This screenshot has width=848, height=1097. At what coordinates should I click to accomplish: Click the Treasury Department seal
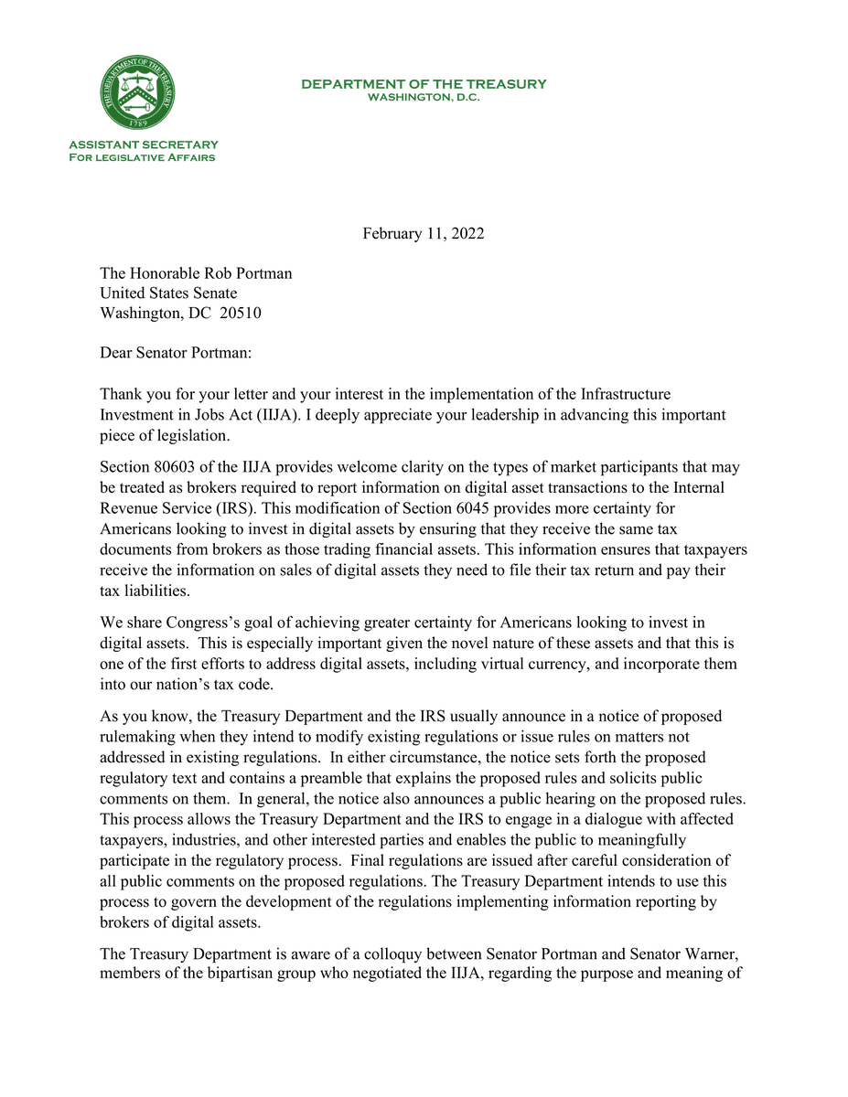coord(139,94)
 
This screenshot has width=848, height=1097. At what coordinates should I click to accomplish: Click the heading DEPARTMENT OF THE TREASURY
coord(424,84)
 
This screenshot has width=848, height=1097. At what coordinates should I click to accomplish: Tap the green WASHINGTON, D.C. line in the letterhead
coord(424,97)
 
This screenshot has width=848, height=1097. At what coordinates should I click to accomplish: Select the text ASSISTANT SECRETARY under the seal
coord(144,144)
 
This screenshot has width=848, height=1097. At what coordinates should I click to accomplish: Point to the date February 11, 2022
coord(424,233)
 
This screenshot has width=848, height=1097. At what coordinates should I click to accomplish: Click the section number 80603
coord(179,466)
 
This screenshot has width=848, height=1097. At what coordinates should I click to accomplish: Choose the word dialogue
coord(565,818)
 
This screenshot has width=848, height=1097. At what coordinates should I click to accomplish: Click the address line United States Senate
coord(168,293)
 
